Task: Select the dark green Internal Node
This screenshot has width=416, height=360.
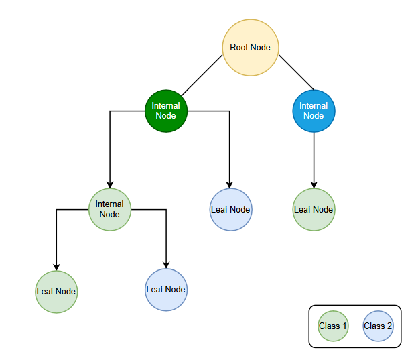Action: click(165, 111)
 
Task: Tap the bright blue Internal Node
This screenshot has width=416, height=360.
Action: click(314, 111)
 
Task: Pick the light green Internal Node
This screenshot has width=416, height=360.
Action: click(110, 210)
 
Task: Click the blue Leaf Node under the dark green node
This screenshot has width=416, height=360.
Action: click(230, 210)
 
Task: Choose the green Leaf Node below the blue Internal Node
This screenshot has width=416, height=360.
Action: click(314, 210)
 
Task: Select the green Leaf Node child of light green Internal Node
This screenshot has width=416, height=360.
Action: click(56, 292)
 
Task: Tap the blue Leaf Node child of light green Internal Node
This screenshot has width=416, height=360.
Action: click(165, 290)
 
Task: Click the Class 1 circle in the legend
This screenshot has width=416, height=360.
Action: click(333, 326)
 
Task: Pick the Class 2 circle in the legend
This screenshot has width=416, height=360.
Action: click(378, 326)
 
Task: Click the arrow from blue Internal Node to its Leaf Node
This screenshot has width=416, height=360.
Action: click(314, 158)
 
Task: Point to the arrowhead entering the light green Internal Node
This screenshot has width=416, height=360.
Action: click(110, 185)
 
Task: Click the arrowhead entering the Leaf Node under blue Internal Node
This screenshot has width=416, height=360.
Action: click(314, 185)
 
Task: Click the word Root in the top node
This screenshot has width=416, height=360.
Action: click(238, 48)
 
